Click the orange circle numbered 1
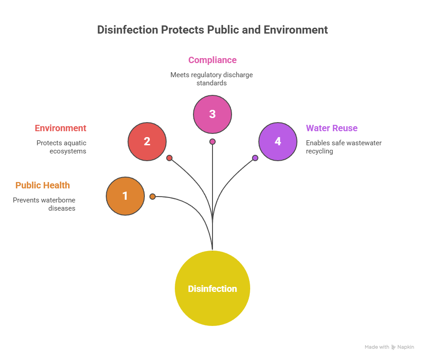(125, 196)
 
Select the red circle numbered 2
(147, 142)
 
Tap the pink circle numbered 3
(212, 114)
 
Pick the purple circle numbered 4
(278, 142)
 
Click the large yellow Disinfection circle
(212, 288)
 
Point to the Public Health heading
(43, 185)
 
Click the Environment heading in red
(60, 128)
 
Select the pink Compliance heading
(212, 60)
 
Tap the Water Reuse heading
(331, 128)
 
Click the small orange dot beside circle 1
(153, 197)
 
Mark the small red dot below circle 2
(169, 158)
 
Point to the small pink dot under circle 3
(212, 142)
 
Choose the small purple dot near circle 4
(255, 158)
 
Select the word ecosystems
(68, 151)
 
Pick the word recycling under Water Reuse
(319, 151)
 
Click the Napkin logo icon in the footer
(393, 347)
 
